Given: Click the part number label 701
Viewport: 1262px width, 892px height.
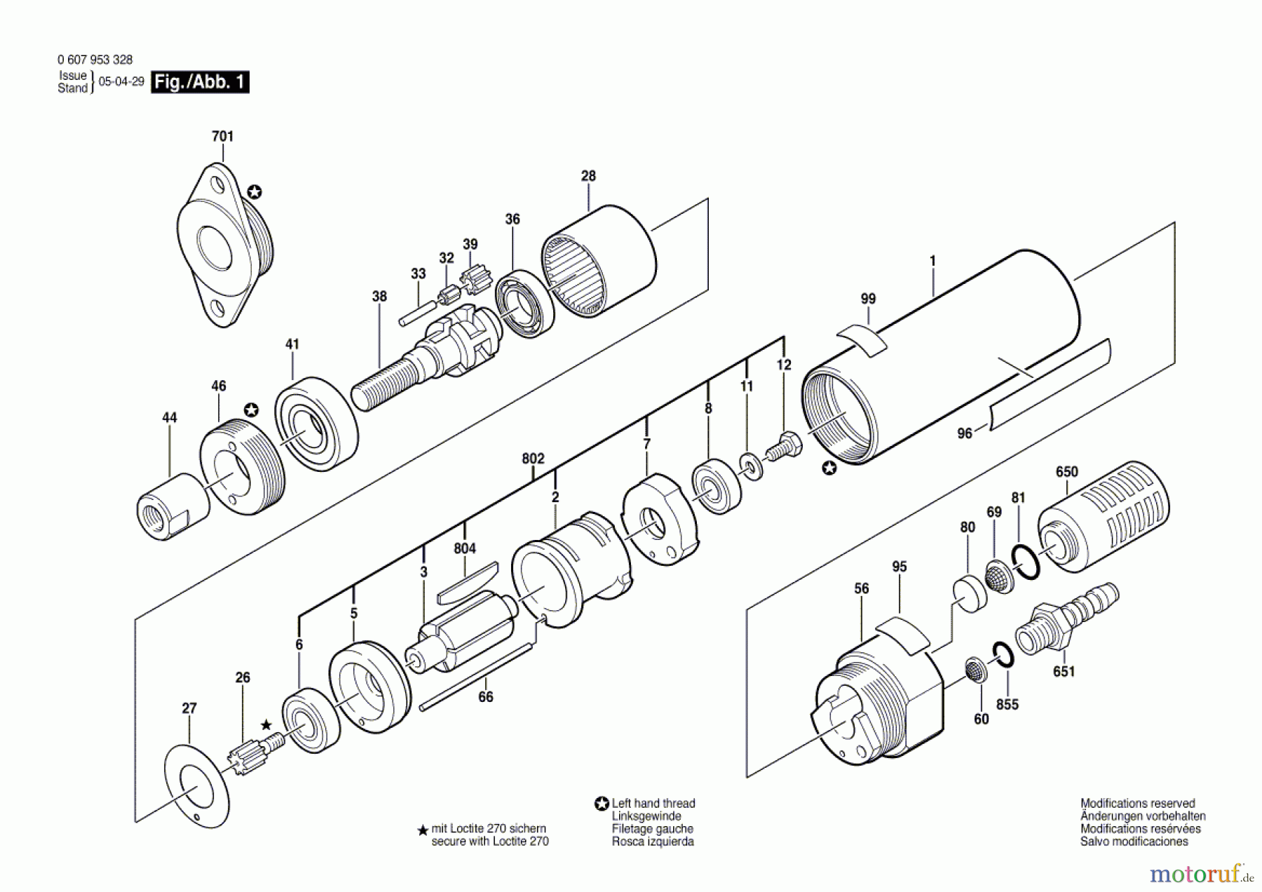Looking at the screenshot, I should [222, 136].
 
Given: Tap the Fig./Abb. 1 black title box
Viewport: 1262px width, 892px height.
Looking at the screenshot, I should [200, 82].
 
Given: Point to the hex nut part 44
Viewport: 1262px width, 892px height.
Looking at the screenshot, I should [172, 506].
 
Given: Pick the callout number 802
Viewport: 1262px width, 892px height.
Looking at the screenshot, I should [533, 459].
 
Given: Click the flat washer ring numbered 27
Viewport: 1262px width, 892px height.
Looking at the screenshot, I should [197, 787].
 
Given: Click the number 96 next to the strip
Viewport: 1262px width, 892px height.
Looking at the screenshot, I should [965, 433].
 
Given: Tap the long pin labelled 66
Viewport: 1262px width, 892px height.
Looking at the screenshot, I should [476, 677].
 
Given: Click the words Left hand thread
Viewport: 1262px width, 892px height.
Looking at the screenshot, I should [653, 803].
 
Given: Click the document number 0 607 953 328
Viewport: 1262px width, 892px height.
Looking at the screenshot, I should [95, 60].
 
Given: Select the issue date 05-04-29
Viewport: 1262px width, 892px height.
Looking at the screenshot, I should [121, 81].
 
